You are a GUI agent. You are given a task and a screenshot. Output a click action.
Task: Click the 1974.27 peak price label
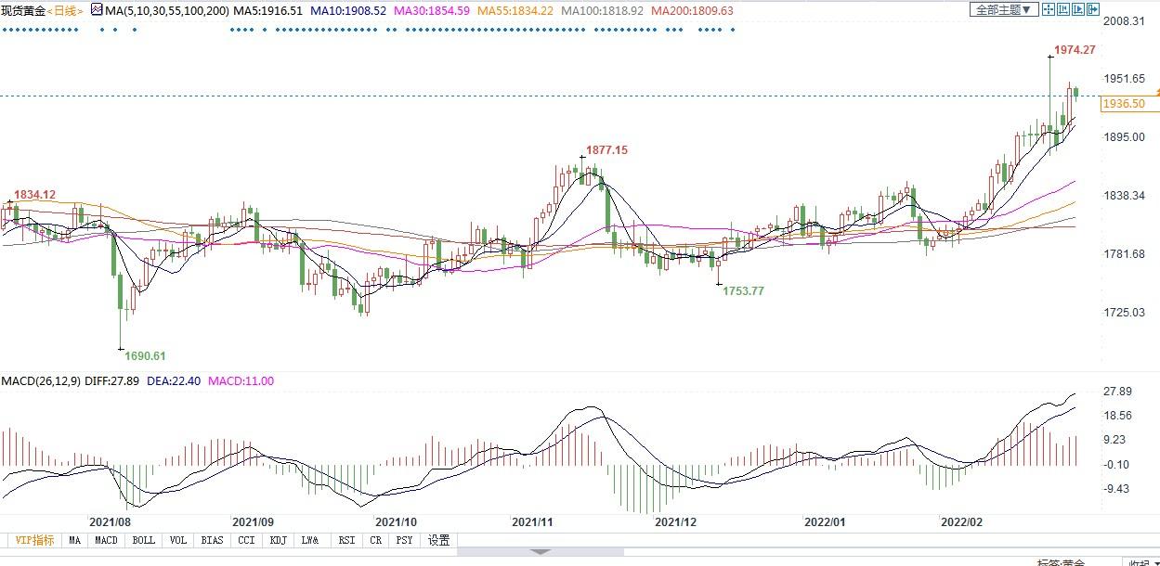click(x=1075, y=50)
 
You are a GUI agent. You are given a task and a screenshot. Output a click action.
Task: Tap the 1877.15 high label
click(x=606, y=150)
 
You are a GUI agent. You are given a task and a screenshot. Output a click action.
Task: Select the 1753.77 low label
click(x=743, y=291)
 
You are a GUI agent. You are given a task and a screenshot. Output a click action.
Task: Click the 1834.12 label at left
click(x=33, y=194)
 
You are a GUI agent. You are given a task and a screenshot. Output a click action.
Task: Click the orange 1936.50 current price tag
click(x=1122, y=105)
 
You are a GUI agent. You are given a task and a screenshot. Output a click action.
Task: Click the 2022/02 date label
click(x=961, y=522)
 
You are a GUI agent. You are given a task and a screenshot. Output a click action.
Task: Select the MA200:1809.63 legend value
click(x=692, y=10)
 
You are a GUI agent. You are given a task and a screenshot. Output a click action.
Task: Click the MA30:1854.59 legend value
click(x=430, y=10)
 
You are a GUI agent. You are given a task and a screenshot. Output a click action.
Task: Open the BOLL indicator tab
click(x=143, y=540)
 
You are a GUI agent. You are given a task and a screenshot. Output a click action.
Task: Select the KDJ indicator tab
click(x=279, y=540)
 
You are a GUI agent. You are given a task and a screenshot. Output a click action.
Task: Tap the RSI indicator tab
click(x=345, y=540)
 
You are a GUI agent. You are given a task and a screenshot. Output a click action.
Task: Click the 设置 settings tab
click(x=438, y=540)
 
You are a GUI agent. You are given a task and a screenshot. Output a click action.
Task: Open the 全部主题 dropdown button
click(x=1002, y=9)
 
